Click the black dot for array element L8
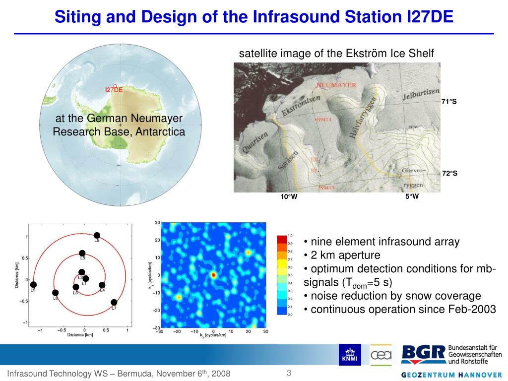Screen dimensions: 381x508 (97, 235)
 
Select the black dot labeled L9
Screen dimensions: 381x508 (33, 285)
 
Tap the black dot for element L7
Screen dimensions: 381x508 (114, 302)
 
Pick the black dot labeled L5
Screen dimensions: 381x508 (82, 253)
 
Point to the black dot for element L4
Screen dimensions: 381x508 (102, 285)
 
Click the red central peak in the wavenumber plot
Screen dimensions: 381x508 (213, 274)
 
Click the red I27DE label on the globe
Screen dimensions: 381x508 (114, 90)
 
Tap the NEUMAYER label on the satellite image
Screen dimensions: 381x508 (336, 85)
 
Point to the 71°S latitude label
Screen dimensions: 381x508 (448, 102)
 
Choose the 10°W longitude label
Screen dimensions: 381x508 (288, 197)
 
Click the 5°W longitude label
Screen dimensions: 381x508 (412, 196)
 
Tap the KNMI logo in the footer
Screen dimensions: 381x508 (350, 355)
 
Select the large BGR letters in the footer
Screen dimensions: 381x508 (423, 354)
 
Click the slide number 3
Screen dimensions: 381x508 (288, 373)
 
